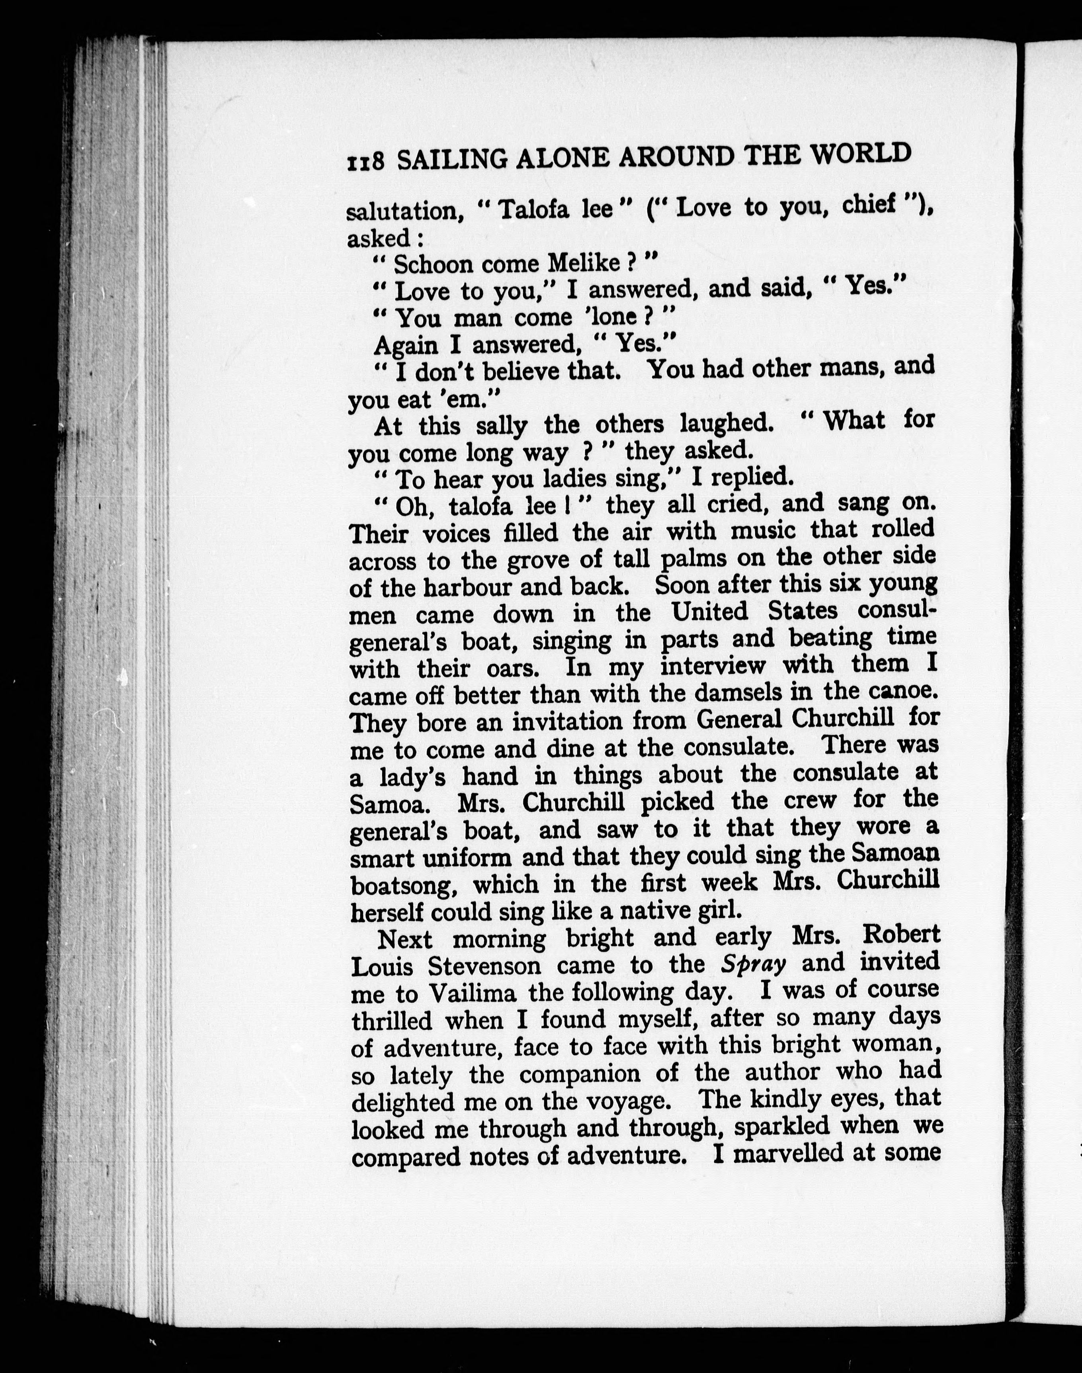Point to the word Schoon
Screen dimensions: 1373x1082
tap(433, 264)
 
